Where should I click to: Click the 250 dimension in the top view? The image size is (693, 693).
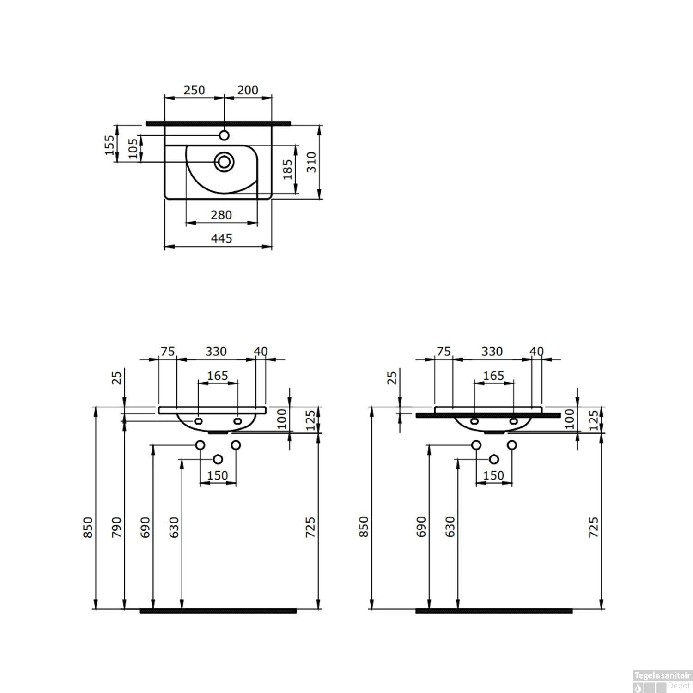click(x=194, y=90)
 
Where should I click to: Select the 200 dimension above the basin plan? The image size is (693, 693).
click(x=248, y=90)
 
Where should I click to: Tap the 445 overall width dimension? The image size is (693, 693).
click(x=221, y=238)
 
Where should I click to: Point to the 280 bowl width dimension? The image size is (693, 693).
click(x=221, y=215)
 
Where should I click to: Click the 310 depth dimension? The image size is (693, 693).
click(x=312, y=162)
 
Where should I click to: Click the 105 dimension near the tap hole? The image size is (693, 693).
click(x=133, y=149)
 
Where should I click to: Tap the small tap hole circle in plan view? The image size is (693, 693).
click(x=224, y=135)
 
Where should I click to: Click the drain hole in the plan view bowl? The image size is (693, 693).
click(x=225, y=162)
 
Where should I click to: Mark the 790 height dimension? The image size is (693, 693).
click(x=116, y=527)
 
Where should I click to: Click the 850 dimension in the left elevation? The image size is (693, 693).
click(x=88, y=527)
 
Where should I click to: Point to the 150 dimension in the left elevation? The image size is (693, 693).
click(x=218, y=475)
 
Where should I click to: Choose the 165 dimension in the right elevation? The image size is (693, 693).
click(x=493, y=376)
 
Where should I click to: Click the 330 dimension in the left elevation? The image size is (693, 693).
click(x=216, y=352)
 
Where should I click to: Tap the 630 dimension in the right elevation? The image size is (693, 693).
click(x=450, y=527)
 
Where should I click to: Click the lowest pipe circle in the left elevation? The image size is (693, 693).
click(x=218, y=459)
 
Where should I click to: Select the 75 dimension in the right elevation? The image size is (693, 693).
click(x=444, y=352)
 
